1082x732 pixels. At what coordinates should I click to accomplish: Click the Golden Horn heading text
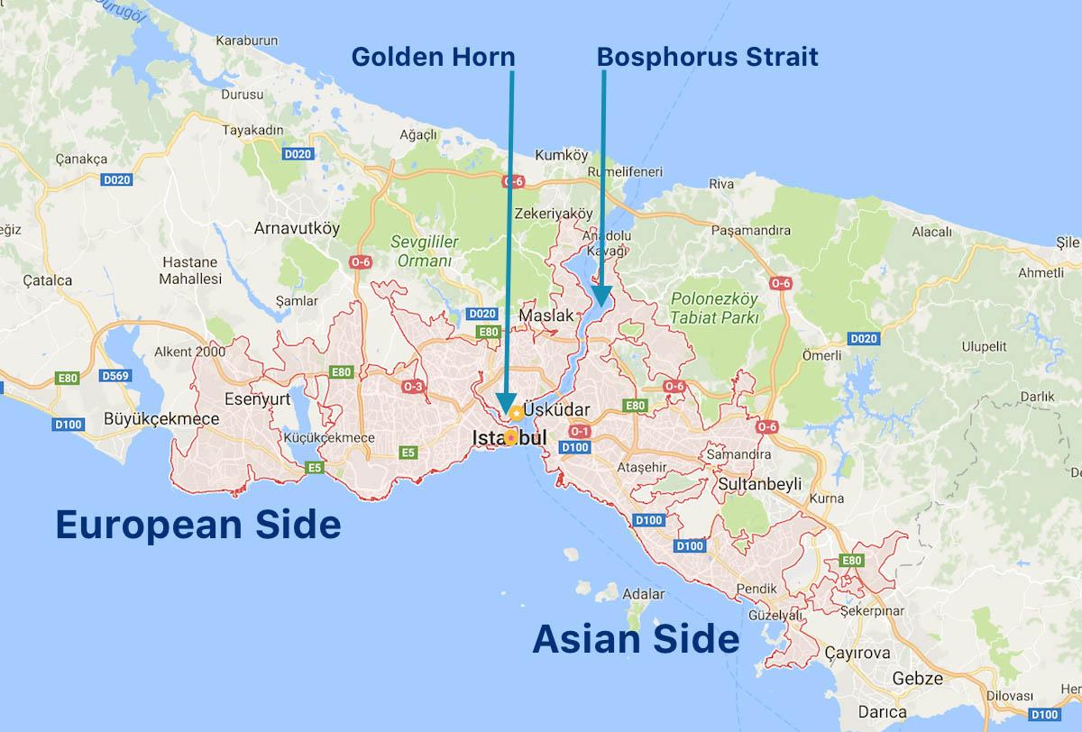point(433,58)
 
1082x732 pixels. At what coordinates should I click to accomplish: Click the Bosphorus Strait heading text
point(707,58)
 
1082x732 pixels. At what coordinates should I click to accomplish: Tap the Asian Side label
point(636,639)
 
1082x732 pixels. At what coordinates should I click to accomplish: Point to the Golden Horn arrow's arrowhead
point(505,405)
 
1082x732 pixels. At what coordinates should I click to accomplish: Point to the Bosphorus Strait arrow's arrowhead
point(601,297)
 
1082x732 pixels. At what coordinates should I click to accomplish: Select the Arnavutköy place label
point(297,228)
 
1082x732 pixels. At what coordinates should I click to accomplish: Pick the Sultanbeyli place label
point(760,484)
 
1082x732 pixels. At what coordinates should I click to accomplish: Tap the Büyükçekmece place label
point(161,419)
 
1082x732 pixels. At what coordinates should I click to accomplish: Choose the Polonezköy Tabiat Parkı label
point(715,307)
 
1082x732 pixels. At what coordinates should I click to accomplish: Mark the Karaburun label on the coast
point(245,41)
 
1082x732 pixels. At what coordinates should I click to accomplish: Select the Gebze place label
point(917,678)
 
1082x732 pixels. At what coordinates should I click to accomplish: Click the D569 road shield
point(116,375)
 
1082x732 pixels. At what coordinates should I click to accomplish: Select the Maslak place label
point(546,316)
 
